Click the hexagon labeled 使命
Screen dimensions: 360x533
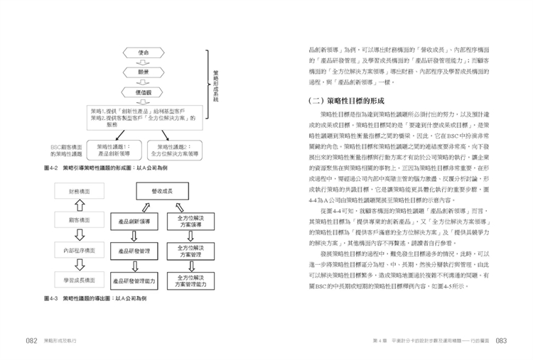point(143,53)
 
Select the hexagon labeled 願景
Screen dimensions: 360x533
point(143,72)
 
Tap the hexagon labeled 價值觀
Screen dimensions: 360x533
point(143,93)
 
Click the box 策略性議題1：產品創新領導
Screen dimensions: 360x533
point(114,149)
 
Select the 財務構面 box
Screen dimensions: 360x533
point(79,192)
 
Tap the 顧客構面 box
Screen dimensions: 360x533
point(79,221)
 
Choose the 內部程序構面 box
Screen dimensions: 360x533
point(79,250)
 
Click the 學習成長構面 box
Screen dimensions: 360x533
point(79,280)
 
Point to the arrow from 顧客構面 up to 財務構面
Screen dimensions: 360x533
point(79,206)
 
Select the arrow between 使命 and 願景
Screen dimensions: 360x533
point(143,62)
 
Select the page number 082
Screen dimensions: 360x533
point(32,341)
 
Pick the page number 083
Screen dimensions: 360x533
point(501,341)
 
